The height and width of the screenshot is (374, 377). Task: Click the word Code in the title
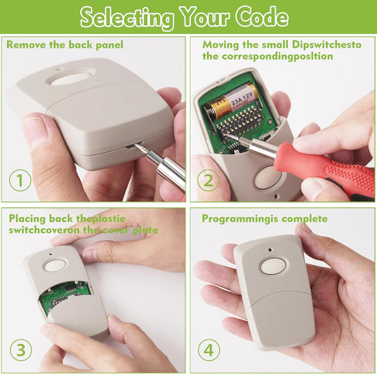pos(262,17)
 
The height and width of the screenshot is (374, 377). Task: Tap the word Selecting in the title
pos(127,18)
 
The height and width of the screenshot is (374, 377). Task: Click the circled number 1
pos(20,180)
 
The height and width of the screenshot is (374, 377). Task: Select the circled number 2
pos(209,180)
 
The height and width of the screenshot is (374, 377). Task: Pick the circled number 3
pos(21,350)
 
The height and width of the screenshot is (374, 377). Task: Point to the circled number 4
pos(209,350)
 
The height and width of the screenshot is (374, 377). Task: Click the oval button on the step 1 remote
pos(71,78)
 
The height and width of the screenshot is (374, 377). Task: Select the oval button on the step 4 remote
pos(273,266)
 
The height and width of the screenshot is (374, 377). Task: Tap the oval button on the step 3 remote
pos(55,266)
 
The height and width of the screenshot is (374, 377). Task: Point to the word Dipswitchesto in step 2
pos(326,45)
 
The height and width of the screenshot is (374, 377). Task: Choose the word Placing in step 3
pos(27,219)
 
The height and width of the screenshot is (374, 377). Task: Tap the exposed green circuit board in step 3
pos(65,297)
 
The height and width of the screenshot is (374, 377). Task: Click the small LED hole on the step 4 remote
pos(270,250)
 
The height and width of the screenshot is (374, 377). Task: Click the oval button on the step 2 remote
pos(267,177)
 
